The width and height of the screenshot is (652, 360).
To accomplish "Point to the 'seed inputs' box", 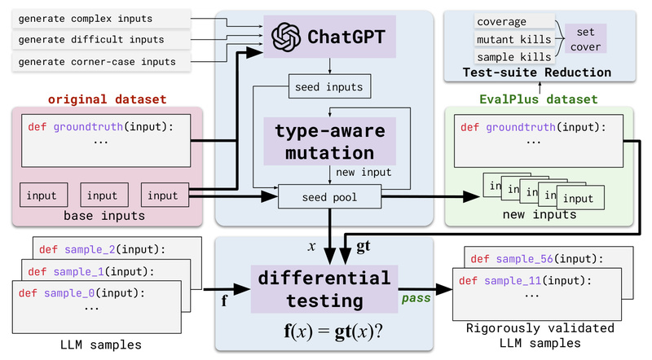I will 330,85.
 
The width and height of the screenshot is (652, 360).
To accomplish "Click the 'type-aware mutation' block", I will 329,142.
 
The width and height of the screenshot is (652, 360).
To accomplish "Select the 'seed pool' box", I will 330,195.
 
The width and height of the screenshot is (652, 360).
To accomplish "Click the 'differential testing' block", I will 324,289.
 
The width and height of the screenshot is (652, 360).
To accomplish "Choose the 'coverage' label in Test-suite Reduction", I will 502,22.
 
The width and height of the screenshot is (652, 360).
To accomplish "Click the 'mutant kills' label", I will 512,39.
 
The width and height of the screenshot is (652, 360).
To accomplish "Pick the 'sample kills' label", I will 512,55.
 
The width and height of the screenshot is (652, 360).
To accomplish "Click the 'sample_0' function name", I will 76,292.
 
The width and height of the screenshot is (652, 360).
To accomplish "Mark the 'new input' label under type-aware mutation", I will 358,172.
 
